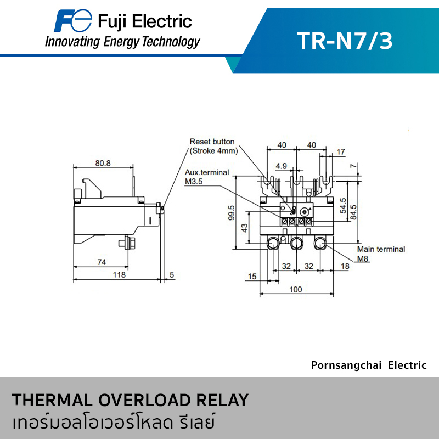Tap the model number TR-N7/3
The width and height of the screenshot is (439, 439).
[x=345, y=41]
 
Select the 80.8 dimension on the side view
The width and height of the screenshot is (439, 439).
[x=103, y=163]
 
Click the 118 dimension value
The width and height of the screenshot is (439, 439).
[x=119, y=274]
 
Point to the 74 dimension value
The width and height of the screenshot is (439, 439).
[x=102, y=262]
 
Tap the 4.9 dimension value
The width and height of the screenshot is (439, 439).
[x=282, y=165]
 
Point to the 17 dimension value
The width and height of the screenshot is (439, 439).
[x=341, y=151]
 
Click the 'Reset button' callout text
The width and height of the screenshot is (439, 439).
[x=212, y=142]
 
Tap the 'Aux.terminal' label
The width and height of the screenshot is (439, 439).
[x=207, y=172]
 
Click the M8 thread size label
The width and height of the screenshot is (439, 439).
[x=363, y=258]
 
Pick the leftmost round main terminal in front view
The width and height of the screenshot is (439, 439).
[x=273, y=243]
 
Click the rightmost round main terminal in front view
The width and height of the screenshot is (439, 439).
[x=320, y=243]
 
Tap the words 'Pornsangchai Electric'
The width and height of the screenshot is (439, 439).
[x=368, y=365]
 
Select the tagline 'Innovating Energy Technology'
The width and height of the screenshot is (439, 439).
[x=122, y=42]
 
